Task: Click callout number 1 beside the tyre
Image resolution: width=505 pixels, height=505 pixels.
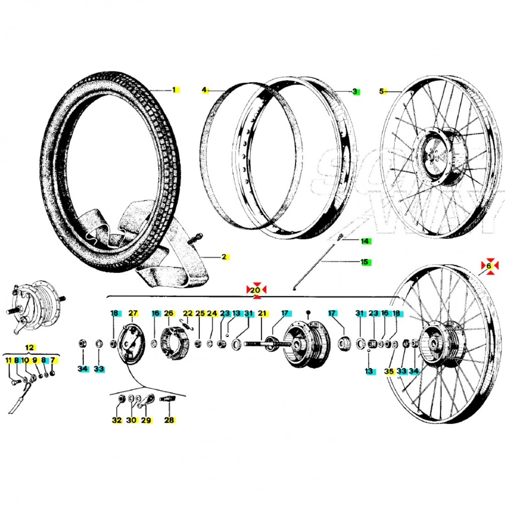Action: click(174, 90)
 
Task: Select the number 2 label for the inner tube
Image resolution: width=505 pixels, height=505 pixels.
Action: click(224, 257)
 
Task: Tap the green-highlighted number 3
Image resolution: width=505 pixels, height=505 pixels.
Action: click(355, 91)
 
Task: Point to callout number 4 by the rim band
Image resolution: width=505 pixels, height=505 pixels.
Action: click(204, 90)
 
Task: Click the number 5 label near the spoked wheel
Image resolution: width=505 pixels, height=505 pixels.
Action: click(381, 91)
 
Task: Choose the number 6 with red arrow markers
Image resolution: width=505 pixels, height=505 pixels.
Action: click(489, 266)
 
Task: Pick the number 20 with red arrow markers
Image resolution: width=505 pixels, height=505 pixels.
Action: click(257, 290)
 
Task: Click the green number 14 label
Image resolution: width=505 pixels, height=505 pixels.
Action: click(365, 241)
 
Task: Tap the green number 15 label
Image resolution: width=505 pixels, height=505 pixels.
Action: click(365, 262)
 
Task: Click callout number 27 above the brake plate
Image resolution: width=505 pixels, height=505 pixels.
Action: click(133, 313)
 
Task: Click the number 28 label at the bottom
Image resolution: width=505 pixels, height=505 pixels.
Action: click(169, 420)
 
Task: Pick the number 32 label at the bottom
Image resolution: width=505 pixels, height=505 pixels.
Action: click(117, 420)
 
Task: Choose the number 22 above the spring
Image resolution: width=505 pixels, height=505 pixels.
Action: click(188, 313)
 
